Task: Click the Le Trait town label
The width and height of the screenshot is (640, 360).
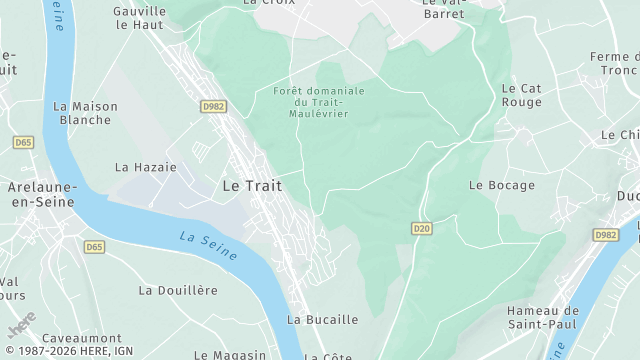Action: point(251,185)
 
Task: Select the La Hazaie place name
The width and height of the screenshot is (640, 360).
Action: point(146,167)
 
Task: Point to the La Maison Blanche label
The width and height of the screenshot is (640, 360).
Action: point(85,113)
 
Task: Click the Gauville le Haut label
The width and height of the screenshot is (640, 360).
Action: point(139,17)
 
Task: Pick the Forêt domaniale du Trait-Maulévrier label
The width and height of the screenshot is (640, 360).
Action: point(319,101)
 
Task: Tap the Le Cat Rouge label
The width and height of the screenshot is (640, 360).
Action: point(521,95)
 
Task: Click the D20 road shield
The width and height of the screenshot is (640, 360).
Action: point(421,229)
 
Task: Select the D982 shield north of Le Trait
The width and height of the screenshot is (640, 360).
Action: point(212,105)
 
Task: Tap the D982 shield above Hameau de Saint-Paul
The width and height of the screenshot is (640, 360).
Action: point(605,235)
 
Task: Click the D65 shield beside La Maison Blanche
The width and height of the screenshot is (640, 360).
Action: point(24,143)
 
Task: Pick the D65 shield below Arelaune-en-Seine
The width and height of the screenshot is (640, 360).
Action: point(94,246)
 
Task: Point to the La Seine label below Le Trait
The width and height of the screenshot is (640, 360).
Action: point(209,246)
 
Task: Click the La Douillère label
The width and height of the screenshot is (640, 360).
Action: point(178,290)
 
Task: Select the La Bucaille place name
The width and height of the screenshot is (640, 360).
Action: point(322,320)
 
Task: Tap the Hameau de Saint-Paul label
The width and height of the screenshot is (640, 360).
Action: point(543,318)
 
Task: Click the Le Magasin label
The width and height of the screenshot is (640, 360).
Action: point(230,354)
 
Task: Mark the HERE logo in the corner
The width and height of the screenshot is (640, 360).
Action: point(22,327)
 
